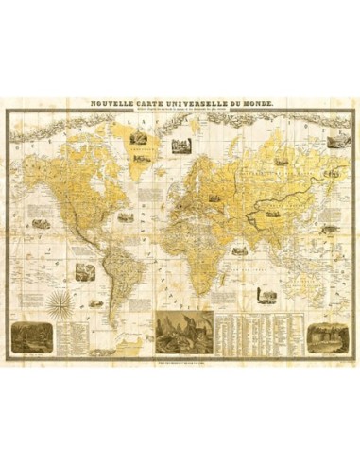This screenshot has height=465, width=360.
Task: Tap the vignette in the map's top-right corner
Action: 335,143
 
